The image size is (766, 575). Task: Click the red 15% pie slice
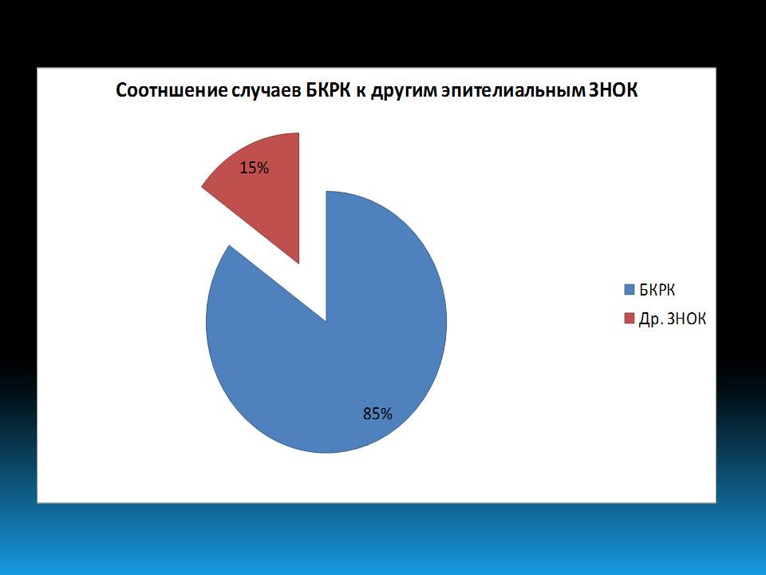click(x=264, y=191)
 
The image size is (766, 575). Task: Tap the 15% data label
click(x=254, y=169)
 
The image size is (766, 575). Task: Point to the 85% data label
click(x=377, y=414)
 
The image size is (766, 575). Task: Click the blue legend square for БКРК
click(x=630, y=289)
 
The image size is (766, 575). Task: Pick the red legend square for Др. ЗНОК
click(x=630, y=319)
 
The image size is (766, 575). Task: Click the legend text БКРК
click(x=657, y=290)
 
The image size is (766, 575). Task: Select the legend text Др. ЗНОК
click(x=673, y=319)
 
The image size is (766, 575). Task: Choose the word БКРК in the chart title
click(x=329, y=90)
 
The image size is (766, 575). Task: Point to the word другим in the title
click(x=404, y=91)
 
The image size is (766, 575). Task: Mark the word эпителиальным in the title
click(x=512, y=91)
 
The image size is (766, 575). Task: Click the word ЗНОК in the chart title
click(x=613, y=90)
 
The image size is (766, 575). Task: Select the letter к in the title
click(x=361, y=92)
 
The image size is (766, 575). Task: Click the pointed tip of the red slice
click(x=299, y=264)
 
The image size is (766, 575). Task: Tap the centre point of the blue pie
click(x=326, y=321)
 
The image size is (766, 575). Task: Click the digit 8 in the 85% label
click(x=367, y=414)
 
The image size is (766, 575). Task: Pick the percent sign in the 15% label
click(x=263, y=169)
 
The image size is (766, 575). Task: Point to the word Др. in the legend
click(x=651, y=319)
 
